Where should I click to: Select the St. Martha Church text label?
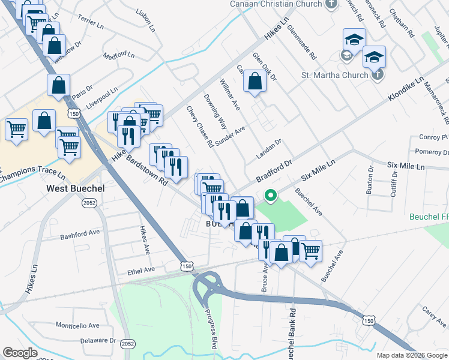pyautogui.click(x=334, y=75)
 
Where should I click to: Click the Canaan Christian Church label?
pyautogui.click(x=276, y=4)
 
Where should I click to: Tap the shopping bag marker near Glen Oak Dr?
pyautogui.click(x=255, y=81)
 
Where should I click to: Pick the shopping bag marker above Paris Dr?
pyautogui.click(x=58, y=85)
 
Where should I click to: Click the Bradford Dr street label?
pyautogui.click(x=273, y=171)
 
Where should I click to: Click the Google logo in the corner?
pyautogui.click(x=20, y=353)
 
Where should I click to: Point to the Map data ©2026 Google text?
pyautogui.click(x=412, y=355)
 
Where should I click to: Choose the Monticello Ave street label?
pyautogui.click(x=77, y=325)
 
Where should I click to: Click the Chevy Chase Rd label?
pyautogui.click(x=200, y=127)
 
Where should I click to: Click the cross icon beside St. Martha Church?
pyautogui.click(x=376, y=75)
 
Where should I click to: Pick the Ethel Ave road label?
pyautogui.click(x=142, y=271)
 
